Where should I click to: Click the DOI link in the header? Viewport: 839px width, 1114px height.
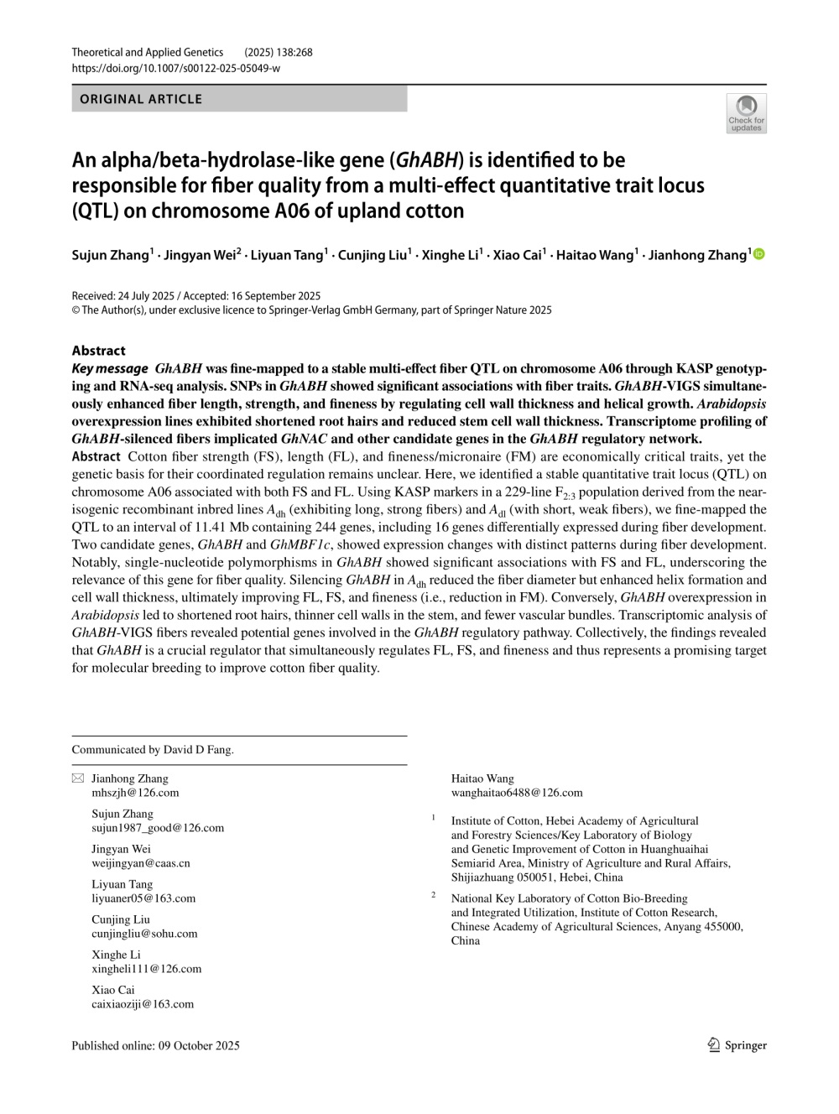[x=175, y=68]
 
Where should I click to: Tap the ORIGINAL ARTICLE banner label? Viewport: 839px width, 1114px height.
[x=141, y=99]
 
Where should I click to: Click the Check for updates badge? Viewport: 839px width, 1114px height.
[x=746, y=113]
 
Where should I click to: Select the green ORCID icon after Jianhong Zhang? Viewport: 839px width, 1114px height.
[x=759, y=254]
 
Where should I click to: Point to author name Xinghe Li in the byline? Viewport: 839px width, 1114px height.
[x=450, y=255]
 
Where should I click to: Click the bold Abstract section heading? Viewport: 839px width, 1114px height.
[x=98, y=351]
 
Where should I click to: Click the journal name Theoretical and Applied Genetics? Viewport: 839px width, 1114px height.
[x=148, y=52]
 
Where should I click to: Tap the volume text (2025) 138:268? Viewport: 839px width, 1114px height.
[x=279, y=52]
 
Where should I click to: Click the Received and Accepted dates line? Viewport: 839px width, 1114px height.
[x=196, y=295]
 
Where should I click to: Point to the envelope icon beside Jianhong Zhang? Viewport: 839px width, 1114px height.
[x=78, y=778]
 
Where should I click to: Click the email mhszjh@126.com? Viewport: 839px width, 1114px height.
[x=135, y=793]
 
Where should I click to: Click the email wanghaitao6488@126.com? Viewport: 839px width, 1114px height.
[x=517, y=793]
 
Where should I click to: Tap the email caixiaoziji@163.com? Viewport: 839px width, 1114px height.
[x=143, y=1004]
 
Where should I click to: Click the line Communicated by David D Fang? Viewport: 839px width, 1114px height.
[x=153, y=750]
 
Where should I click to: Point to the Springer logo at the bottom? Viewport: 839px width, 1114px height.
[x=737, y=1045]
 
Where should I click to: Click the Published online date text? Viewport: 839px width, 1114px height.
[x=155, y=1045]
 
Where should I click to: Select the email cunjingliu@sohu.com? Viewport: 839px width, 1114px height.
[x=144, y=934]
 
